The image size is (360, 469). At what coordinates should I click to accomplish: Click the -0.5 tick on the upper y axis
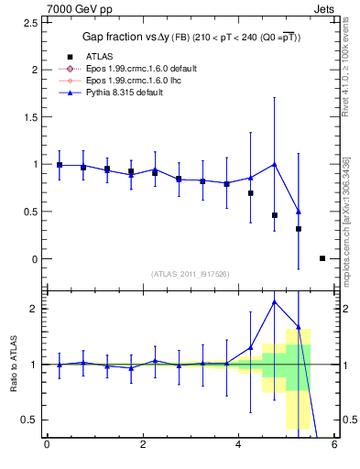point(30,306)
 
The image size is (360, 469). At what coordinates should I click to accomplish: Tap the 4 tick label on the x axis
point(238,446)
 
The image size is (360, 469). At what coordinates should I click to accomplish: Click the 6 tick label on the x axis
point(334,446)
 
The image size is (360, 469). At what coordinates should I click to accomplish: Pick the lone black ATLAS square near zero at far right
point(322,258)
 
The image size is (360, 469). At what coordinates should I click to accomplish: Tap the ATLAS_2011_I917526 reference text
point(190,274)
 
